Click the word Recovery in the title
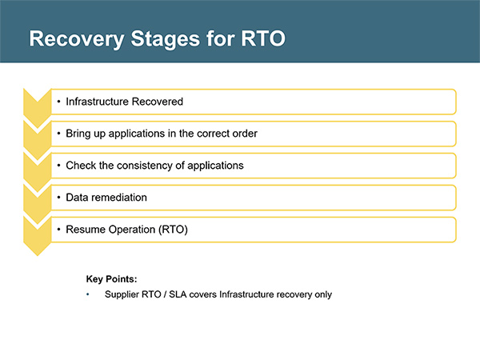tap(77, 39)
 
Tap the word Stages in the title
tap(166, 39)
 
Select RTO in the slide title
tap(263, 38)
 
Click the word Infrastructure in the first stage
tap(97, 102)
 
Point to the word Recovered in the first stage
tap(158, 102)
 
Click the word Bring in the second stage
tap(78, 134)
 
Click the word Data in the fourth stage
tap(77, 198)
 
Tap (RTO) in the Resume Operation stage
tap(173, 230)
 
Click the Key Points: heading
tap(112, 279)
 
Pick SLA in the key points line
tap(178, 294)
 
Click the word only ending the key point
tap(323, 294)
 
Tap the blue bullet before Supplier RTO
tap(88, 294)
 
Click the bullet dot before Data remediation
tap(58, 198)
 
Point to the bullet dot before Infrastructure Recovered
tap(58, 102)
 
